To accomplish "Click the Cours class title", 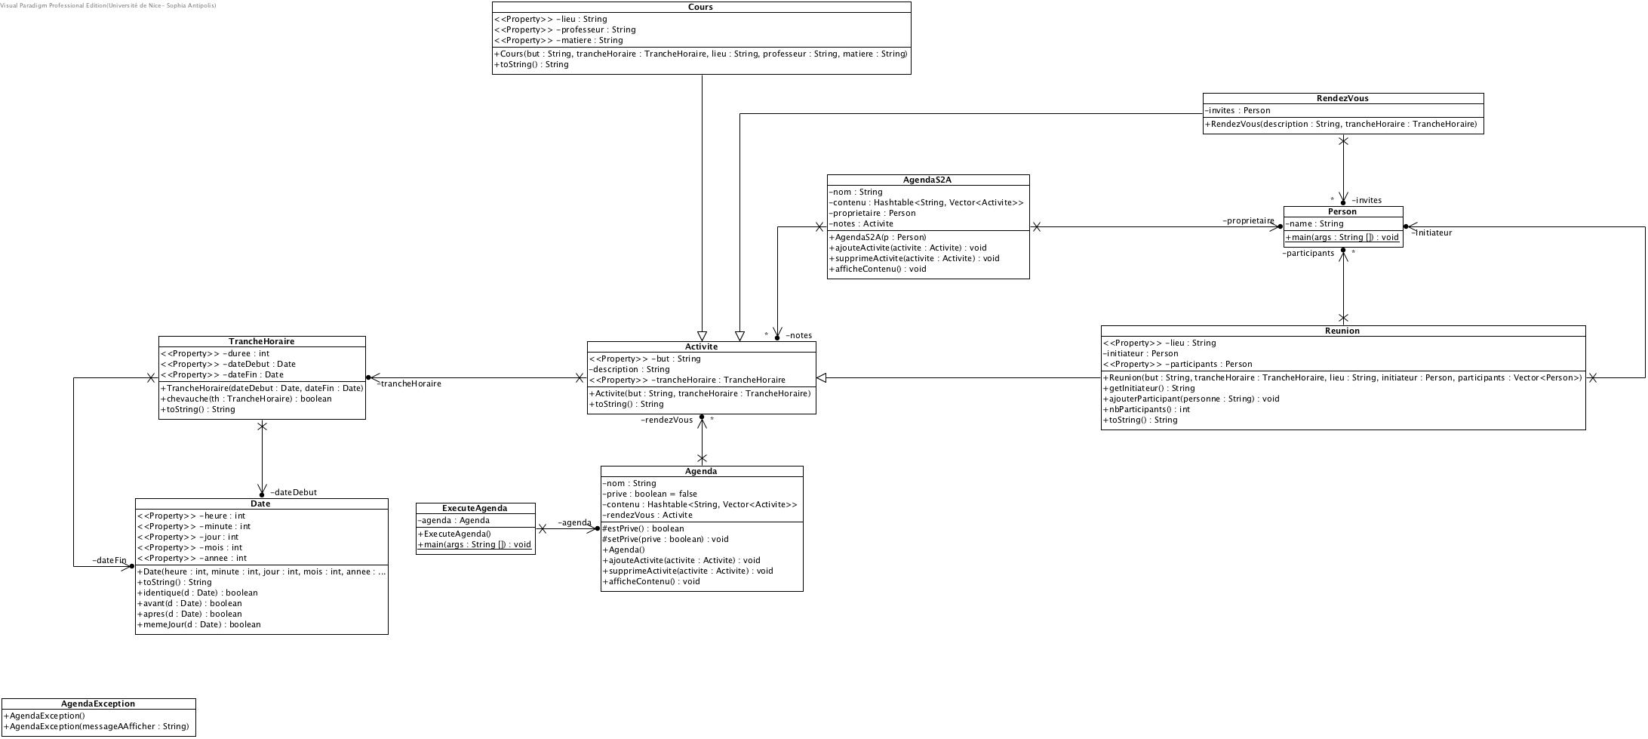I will pos(701,8).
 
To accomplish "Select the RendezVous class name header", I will pos(1342,99).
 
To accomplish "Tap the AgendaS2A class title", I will pos(927,180).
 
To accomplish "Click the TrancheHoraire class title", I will pos(261,342).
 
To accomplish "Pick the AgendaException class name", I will pos(98,704).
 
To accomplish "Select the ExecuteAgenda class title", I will pos(475,509).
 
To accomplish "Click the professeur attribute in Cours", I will pos(565,30).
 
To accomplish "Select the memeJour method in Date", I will pos(198,625).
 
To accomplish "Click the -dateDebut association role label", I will pos(294,493).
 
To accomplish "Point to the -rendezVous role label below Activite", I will pos(666,420).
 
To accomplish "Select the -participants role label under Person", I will pos(1308,254).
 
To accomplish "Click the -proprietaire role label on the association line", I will pos(1248,221).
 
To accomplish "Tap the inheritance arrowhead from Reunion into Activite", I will pos(822,378).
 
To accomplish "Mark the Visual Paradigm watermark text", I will pos(108,5).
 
